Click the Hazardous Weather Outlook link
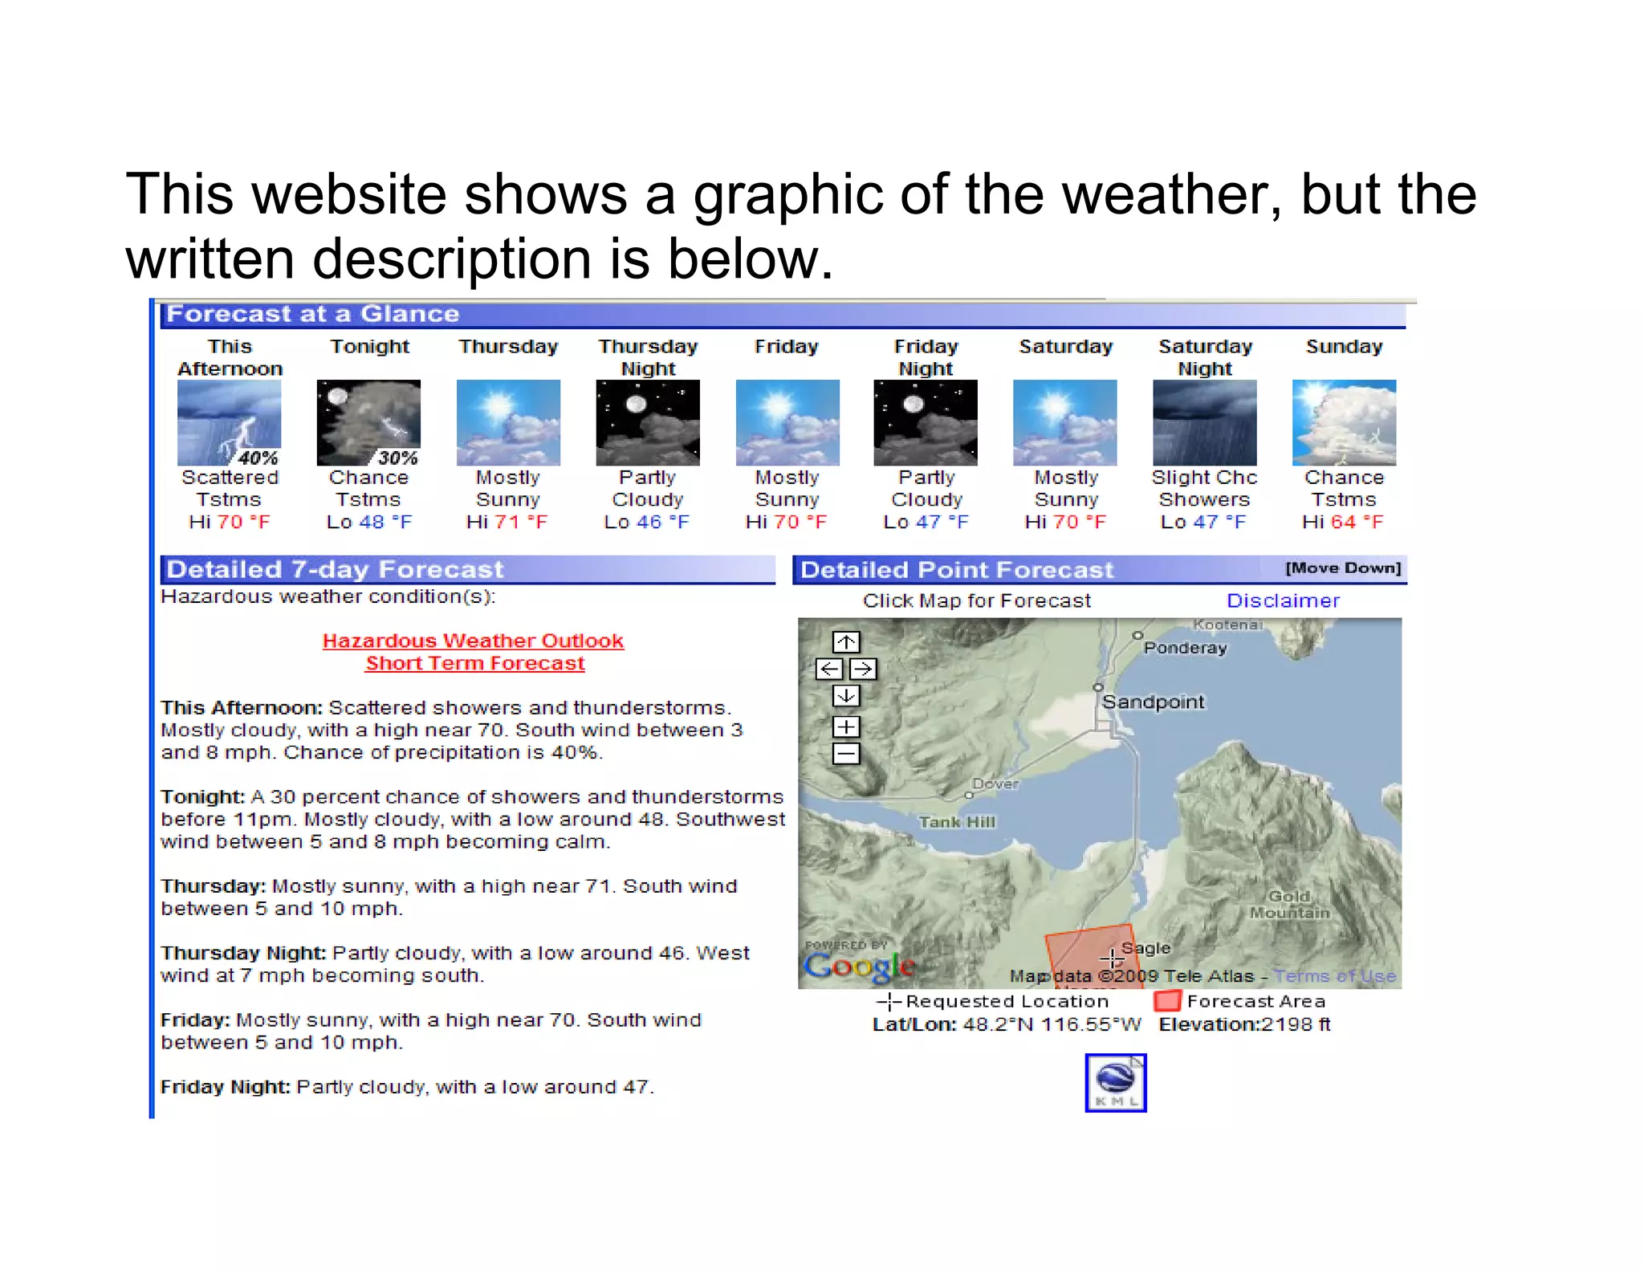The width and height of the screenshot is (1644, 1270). pyautogui.click(x=473, y=641)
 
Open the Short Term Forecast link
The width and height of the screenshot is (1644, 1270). pyautogui.click(x=474, y=663)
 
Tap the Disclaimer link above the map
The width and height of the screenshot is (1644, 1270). pyautogui.click(x=1283, y=600)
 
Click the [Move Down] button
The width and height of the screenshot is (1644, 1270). pyautogui.click(x=1343, y=568)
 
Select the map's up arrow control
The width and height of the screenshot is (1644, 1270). pyautogui.click(x=845, y=642)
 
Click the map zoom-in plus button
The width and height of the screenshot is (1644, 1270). pyautogui.click(x=845, y=727)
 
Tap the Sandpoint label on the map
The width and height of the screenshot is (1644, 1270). pyautogui.click(x=1153, y=702)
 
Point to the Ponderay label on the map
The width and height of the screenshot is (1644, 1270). pyautogui.click(x=1185, y=648)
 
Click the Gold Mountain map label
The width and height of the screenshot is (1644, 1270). pyautogui.click(x=1289, y=904)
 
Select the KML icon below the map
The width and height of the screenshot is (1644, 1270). pyautogui.click(x=1116, y=1083)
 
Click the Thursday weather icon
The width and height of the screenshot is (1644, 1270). pyautogui.click(x=508, y=423)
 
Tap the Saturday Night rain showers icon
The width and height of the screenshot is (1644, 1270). pyautogui.click(x=1204, y=423)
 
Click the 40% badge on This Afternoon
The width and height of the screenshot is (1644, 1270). pyautogui.click(x=258, y=458)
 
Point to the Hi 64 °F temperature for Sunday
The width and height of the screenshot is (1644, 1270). pyautogui.click(x=1343, y=522)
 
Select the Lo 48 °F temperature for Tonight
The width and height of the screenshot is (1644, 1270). pyautogui.click(x=369, y=522)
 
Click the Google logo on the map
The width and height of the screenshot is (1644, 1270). pyautogui.click(x=859, y=966)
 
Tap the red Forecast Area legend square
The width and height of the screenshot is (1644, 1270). pyautogui.click(x=1167, y=1001)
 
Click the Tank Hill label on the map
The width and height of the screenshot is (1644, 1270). pyautogui.click(x=957, y=822)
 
